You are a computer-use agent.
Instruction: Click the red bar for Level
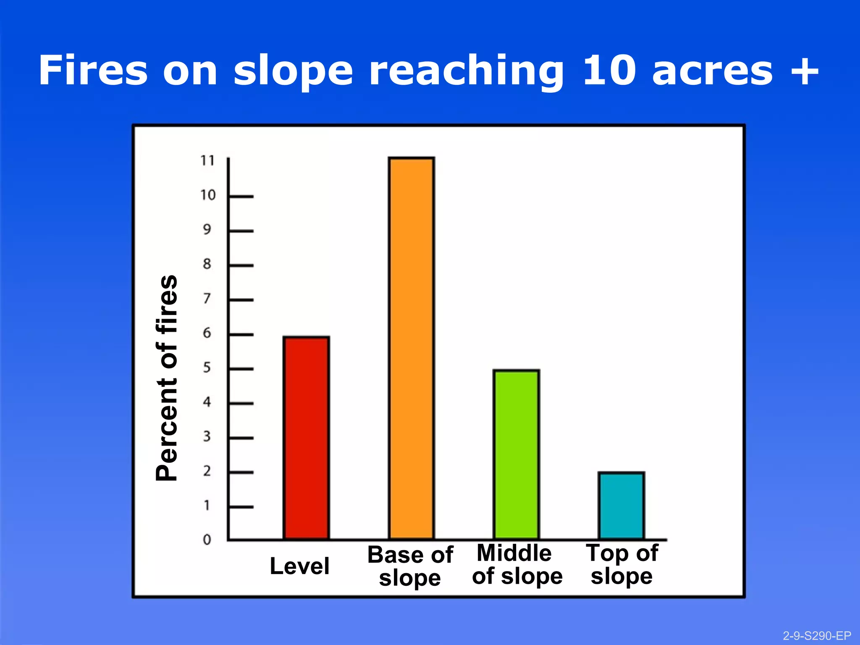coord(306,438)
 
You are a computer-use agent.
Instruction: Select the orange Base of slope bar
coord(411,348)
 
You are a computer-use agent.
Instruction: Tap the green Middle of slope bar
coord(516,454)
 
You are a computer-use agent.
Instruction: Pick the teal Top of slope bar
coord(621,506)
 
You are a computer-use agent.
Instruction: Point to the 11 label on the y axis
coord(207,160)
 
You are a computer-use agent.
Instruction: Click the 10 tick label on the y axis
coord(207,195)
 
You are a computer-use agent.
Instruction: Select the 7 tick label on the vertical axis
coord(207,299)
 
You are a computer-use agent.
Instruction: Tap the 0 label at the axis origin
coord(207,540)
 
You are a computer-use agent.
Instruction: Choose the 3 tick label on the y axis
coord(207,437)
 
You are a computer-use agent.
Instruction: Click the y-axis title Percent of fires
coord(167,378)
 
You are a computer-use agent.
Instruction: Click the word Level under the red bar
coord(299,566)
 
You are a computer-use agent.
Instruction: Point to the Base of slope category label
coord(410,566)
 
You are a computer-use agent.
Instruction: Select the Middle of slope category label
coord(517,564)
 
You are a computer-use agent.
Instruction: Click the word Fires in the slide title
coord(93,71)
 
